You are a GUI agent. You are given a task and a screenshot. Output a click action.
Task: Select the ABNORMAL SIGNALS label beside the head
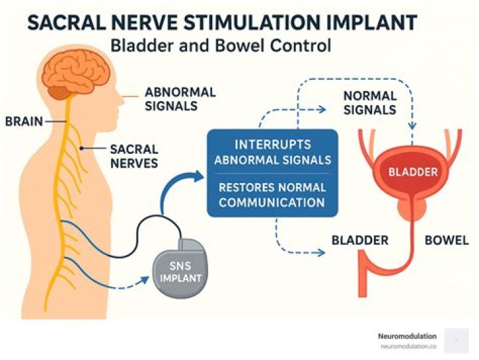coord(170,98)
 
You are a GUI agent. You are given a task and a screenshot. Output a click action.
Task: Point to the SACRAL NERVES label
coord(134,156)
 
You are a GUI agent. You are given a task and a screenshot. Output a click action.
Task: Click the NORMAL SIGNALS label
coord(369,102)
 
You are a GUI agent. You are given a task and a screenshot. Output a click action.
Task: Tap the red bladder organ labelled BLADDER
coord(412,172)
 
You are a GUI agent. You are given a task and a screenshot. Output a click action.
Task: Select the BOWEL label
coord(446,240)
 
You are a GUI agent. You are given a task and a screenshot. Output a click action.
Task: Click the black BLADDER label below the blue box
coord(359,240)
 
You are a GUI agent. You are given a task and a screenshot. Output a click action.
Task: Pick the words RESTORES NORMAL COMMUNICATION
coord(272,195)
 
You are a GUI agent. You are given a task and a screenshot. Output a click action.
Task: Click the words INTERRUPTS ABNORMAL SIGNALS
coord(273,152)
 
